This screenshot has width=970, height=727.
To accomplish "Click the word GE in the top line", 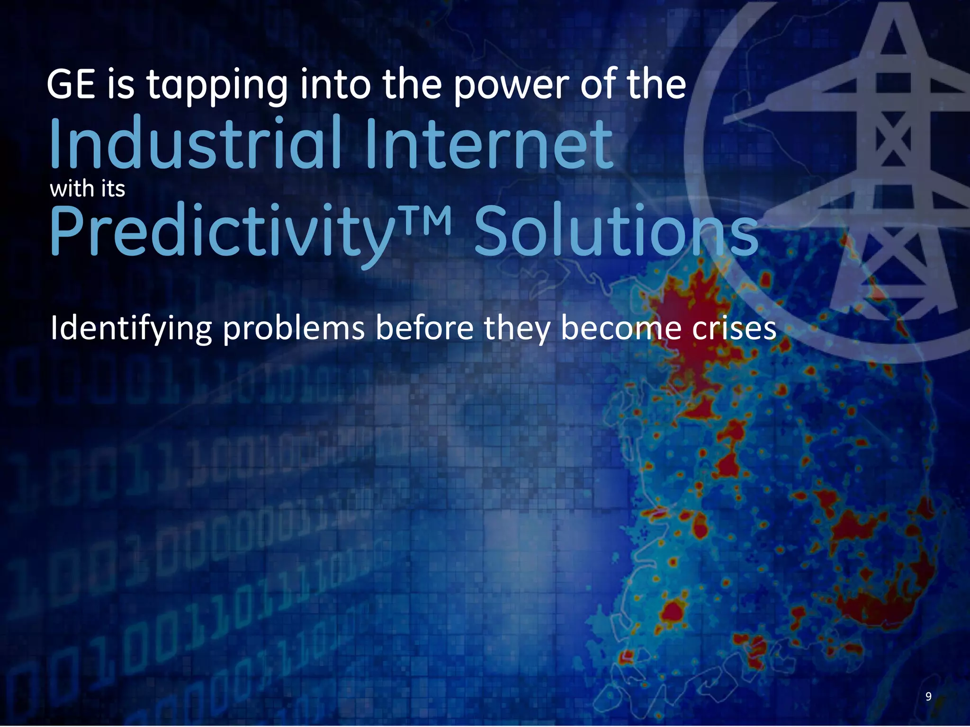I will (71, 85).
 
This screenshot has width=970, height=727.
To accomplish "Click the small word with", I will (72, 189).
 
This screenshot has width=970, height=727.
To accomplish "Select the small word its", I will (113, 189).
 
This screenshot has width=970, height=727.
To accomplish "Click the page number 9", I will (928, 696).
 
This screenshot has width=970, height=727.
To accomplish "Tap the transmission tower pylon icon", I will (890, 166).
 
